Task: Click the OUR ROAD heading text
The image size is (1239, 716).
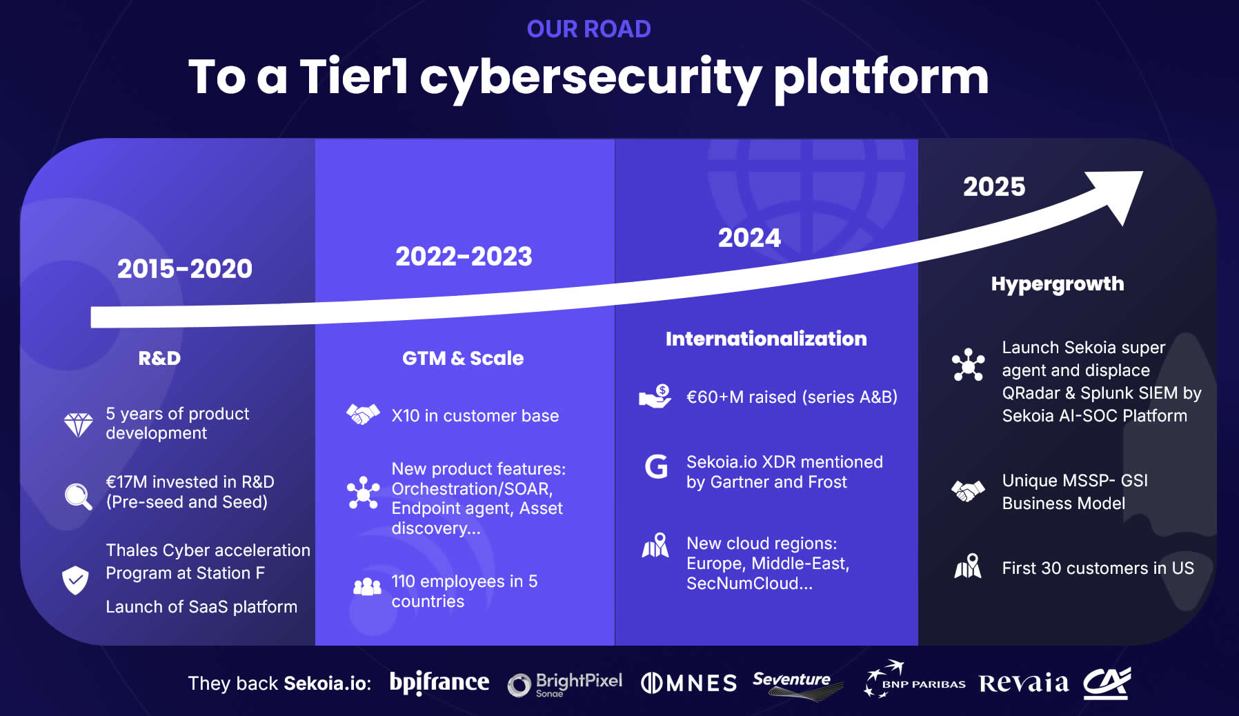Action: [588, 29]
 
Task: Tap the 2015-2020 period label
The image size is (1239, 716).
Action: [185, 268]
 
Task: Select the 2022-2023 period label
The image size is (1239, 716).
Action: [464, 257]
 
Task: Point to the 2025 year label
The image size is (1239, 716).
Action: [994, 187]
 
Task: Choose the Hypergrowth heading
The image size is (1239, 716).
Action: [1057, 284]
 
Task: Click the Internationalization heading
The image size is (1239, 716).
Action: [766, 339]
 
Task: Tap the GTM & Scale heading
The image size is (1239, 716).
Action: [463, 358]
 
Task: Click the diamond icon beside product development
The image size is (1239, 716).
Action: [78, 424]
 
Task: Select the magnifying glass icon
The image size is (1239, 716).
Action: [78, 496]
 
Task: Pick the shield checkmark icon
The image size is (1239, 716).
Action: [75, 580]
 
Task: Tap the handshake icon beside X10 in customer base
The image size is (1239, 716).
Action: [363, 415]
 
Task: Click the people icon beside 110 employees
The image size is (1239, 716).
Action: [367, 586]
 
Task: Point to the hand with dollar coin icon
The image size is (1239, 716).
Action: [655, 397]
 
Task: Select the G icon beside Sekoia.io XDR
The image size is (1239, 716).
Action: [656, 467]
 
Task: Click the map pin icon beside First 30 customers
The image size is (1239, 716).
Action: [968, 566]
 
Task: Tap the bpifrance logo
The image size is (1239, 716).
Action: [439, 682]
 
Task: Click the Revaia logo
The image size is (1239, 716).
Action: [1024, 683]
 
